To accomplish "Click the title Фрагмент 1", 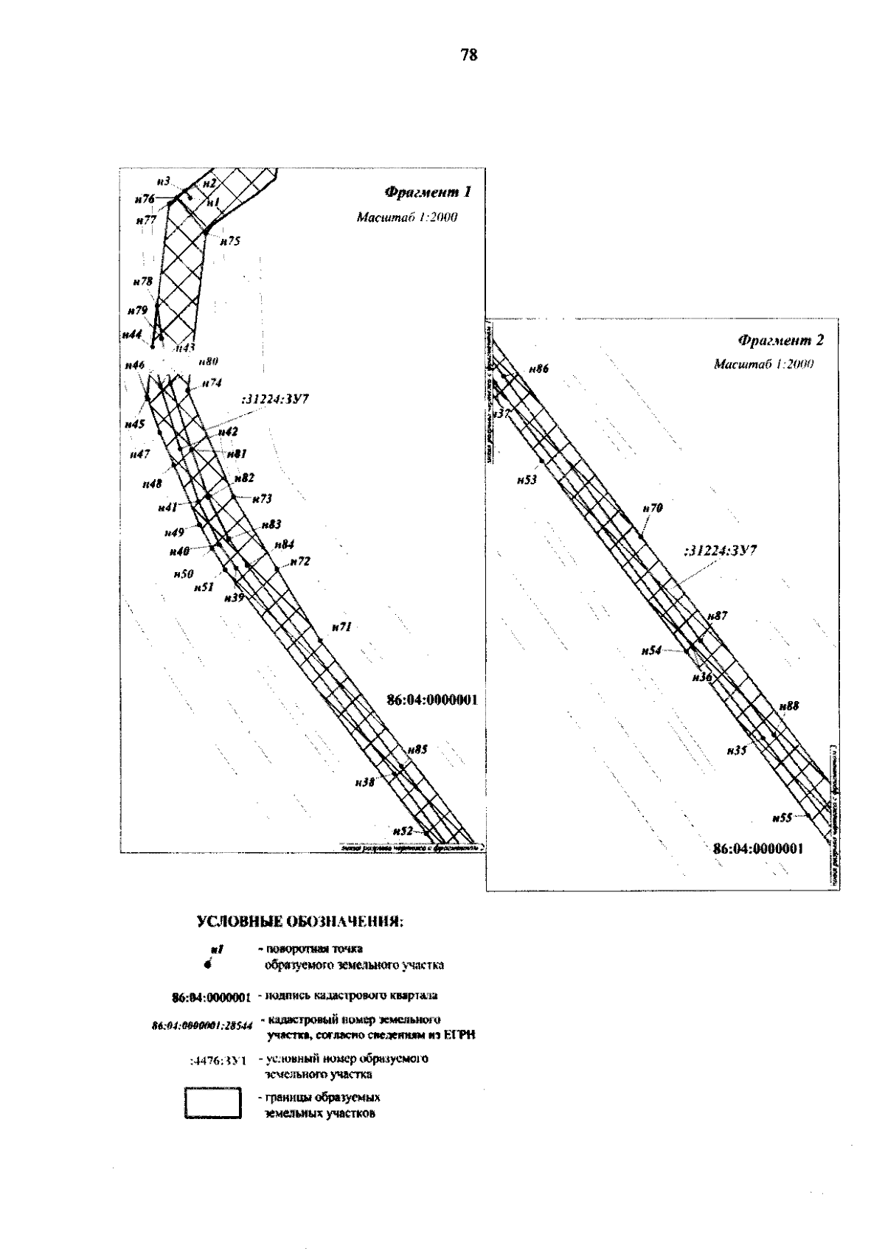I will (427, 193).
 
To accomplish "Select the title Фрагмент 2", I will (780, 341).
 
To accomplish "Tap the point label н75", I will (230, 241).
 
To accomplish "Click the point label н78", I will (143, 282).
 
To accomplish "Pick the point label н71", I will (341, 627).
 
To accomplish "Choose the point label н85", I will (417, 750).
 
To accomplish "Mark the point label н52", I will (403, 830).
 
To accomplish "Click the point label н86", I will (540, 369).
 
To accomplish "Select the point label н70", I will (653, 508).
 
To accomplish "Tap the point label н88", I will (789, 706).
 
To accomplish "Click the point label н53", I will (527, 480).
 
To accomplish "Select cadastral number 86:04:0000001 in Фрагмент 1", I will (432, 700).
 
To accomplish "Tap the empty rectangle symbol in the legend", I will (213, 1104).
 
